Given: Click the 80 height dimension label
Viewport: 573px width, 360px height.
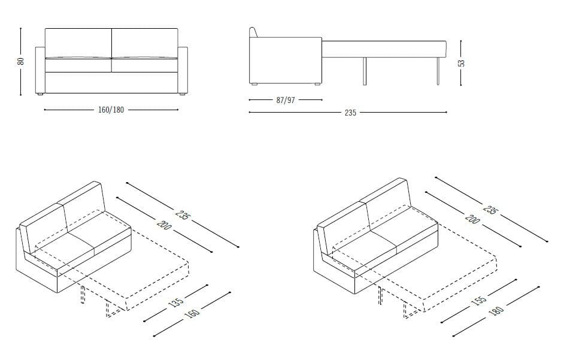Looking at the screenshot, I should pos(21,61).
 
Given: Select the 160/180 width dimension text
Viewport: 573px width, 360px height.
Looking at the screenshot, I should pos(111,110).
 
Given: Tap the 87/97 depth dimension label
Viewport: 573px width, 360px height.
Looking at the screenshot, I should pos(286,100).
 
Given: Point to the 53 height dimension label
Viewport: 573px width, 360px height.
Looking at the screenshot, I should pos(462,62).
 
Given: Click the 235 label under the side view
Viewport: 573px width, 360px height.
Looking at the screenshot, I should pos(350,113).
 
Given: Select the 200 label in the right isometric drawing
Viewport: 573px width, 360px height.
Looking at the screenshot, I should pos(472,219).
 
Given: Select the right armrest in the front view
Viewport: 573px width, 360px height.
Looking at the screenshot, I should pos(183,69).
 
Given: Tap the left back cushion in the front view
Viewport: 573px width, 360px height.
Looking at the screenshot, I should pos(78,42).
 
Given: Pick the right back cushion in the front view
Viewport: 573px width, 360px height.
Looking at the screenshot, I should pos(145,42).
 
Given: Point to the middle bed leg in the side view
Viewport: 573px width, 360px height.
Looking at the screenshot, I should pos(364,71).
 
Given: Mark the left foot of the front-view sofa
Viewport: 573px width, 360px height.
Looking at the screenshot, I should pos(40,95).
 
